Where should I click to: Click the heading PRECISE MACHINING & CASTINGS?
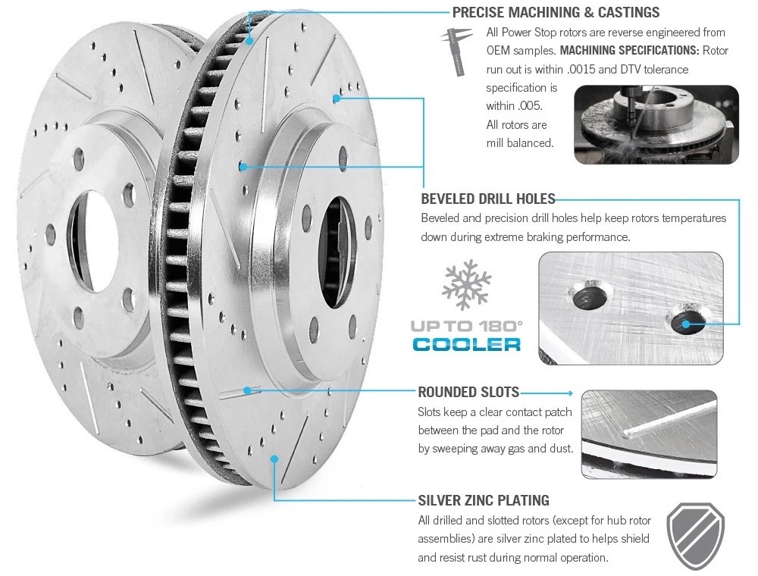pyautogui.click(x=556, y=12)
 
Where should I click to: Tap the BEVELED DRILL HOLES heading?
pyautogui.click(x=488, y=199)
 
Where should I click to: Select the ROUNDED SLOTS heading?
pyautogui.click(x=468, y=392)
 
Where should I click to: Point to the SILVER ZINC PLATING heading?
pyautogui.click(x=484, y=500)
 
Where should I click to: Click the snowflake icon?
pyautogui.click(x=466, y=286)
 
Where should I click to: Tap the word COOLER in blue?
pyautogui.click(x=467, y=343)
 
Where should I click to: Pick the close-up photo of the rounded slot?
pyautogui.click(x=648, y=434)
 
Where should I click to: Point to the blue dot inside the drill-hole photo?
pyautogui.click(x=686, y=324)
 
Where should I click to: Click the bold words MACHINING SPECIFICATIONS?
pyautogui.click(x=628, y=50)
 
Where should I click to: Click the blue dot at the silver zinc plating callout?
pyautogui.click(x=274, y=458)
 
